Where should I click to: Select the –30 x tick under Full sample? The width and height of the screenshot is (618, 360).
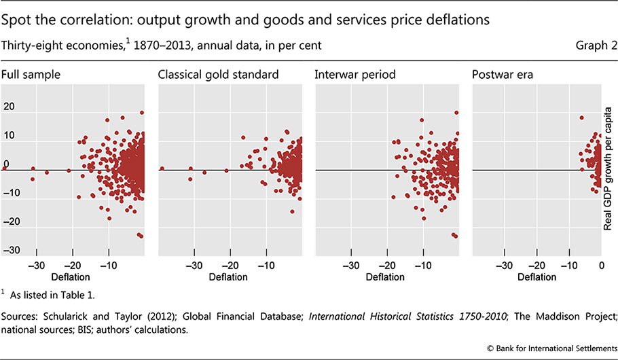click(35, 266)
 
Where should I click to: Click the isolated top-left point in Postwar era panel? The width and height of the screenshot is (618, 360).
click(581, 118)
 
